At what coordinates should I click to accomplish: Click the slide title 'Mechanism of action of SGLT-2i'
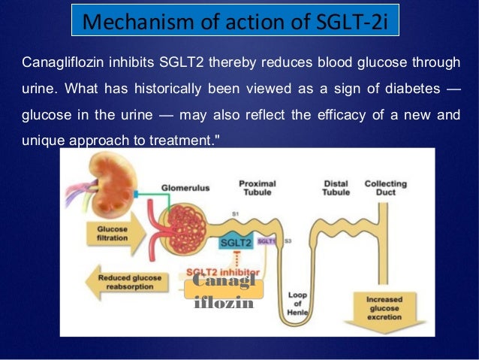pyautogui.click(x=233, y=21)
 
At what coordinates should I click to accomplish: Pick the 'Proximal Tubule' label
pyautogui.click(x=257, y=187)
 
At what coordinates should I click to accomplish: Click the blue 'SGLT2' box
pyautogui.click(x=236, y=243)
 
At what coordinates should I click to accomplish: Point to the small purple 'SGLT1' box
pyautogui.click(x=266, y=241)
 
